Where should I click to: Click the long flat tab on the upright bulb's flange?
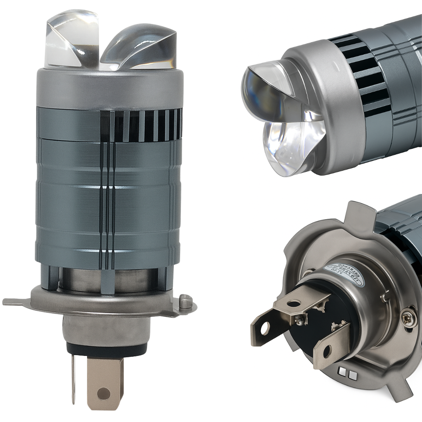tap(18, 302)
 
